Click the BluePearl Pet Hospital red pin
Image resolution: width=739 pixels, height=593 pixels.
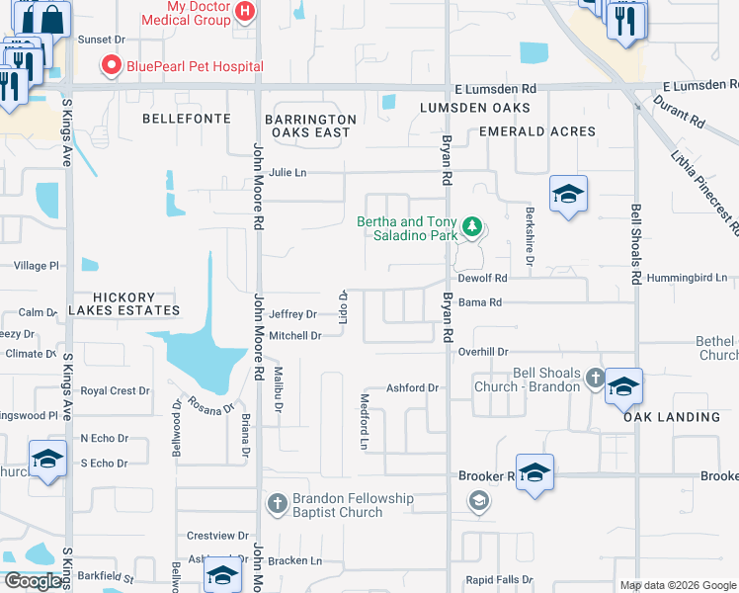[x=111, y=67]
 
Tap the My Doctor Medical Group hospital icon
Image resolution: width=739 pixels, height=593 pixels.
[x=247, y=13]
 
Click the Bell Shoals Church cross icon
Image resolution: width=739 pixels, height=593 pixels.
[x=595, y=378]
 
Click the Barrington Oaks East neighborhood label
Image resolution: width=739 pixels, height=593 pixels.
[x=307, y=126]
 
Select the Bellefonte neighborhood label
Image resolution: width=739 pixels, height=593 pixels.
[x=187, y=119]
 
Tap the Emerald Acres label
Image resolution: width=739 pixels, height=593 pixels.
[x=536, y=131]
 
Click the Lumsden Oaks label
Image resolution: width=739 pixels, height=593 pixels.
[x=474, y=107]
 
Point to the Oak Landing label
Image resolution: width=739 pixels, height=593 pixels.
[x=672, y=417]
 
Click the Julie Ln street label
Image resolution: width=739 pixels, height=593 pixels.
[x=287, y=173]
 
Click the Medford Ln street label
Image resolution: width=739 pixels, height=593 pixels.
[x=364, y=419]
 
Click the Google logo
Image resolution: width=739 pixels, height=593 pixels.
[x=33, y=581]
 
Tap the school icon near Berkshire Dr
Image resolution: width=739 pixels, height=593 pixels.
[x=568, y=195]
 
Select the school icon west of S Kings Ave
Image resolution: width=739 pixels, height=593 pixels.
[x=46, y=460]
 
